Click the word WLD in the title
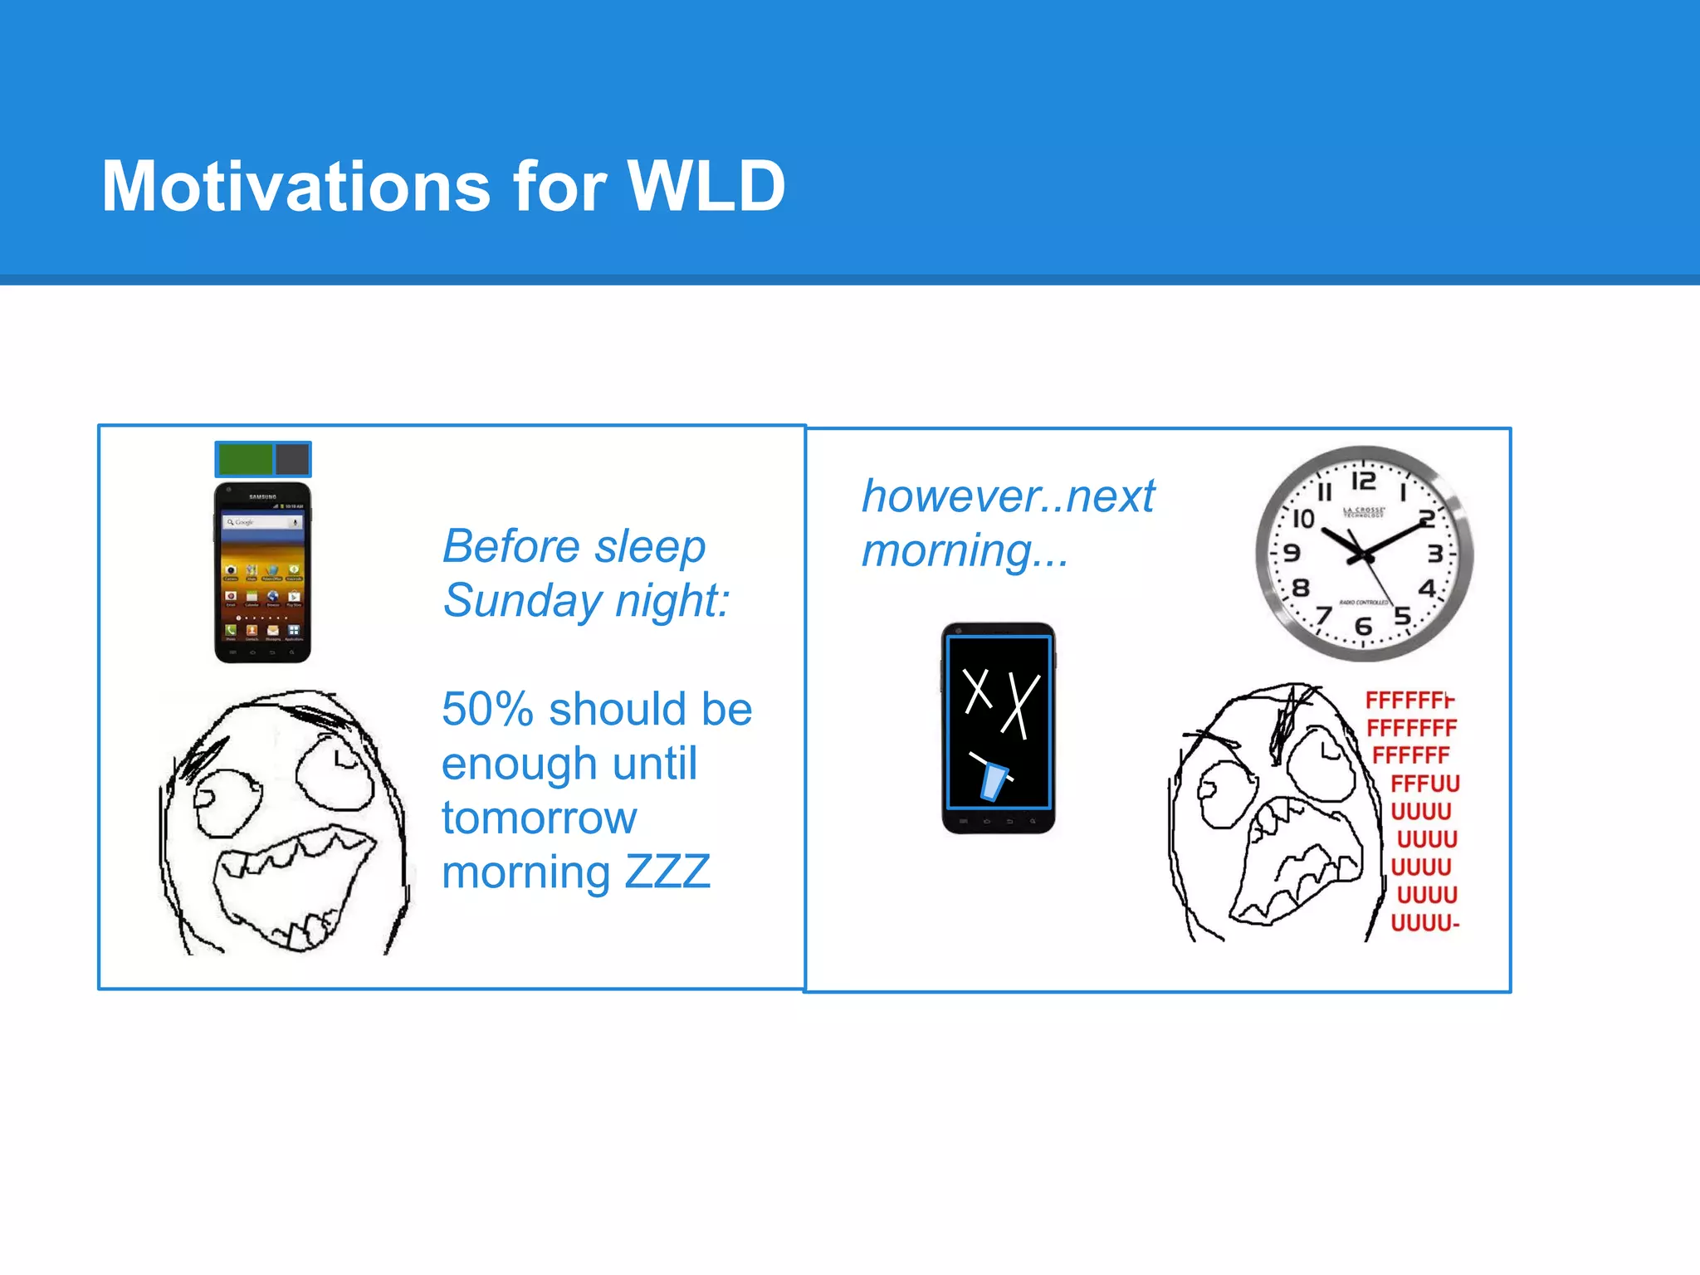pyautogui.click(x=706, y=186)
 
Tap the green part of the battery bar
pyautogui.click(x=245, y=459)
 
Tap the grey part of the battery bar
pyautogui.click(x=292, y=459)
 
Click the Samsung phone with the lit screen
pyautogui.click(x=262, y=573)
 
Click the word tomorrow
pyautogui.click(x=539, y=818)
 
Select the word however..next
pyautogui.click(x=1008, y=496)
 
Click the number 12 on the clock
pyautogui.click(x=1363, y=481)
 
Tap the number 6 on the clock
pyautogui.click(x=1362, y=627)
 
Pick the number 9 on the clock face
pyautogui.click(x=1292, y=553)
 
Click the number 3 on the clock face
pyautogui.click(x=1434, y=554)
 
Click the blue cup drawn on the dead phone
pyautogui.click(x=993, y=780)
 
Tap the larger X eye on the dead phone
pyautogui.click(x=1020, y=706)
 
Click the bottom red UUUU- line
pyautogui.click(x=1424, y=922)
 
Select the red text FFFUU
pyautogui.click(x=1424, y=783)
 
